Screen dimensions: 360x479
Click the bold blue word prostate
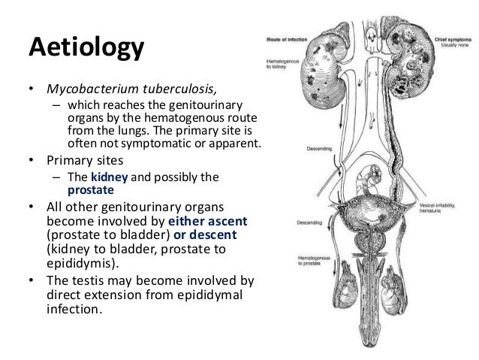[x=92, y=190]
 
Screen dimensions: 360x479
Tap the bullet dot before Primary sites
[x=32, y=159]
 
